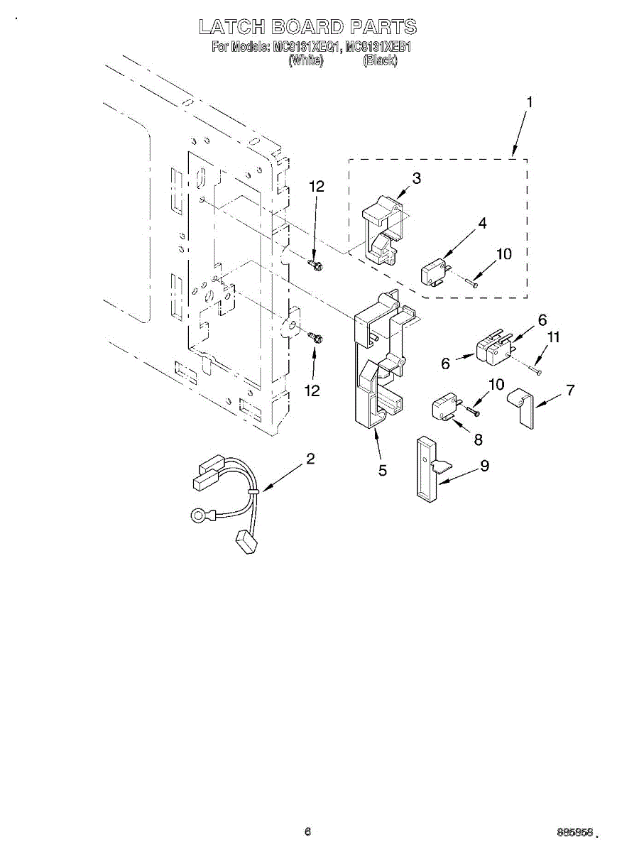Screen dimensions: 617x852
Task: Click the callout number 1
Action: click(529, 102)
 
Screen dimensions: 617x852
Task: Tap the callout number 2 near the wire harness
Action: click(310, 459)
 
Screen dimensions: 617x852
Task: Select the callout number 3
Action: click(416, 178)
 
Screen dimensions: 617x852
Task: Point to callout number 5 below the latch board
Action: click(383, 470)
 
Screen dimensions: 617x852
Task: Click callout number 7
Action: click(570, 390)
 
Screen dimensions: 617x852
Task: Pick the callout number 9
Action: click(485, 466)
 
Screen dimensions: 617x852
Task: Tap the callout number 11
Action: click(553, 337)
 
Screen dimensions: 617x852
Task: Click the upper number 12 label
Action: click(317, 187)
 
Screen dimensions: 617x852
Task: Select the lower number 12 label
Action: click(312, 390)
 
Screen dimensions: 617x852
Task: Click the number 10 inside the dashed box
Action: click(503, 253)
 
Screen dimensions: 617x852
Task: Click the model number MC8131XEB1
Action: click(378, 48)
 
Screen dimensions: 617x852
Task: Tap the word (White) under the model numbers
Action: click(306, 61)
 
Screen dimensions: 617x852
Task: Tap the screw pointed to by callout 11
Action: click(535, 370)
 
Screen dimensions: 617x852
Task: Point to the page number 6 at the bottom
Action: click(307, 831)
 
